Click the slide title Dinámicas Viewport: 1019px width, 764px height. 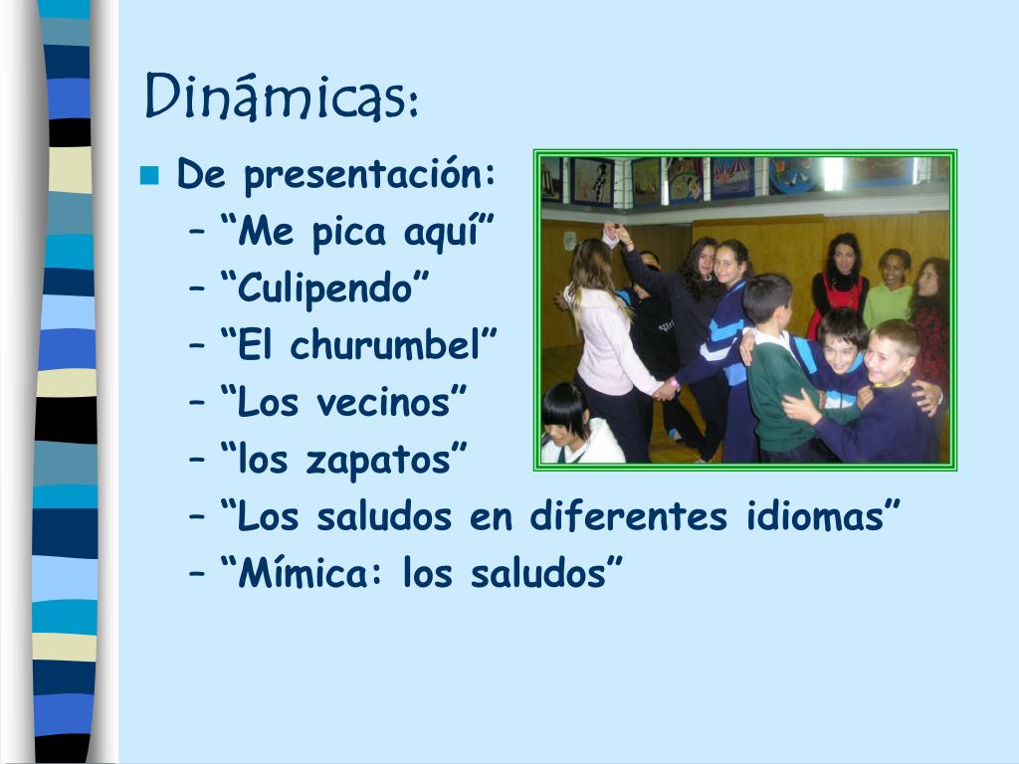pos(280,96)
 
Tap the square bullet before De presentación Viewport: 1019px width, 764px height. pos(149,176)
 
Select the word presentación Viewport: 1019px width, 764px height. pos(368,175)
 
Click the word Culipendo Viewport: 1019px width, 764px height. pos(324,288)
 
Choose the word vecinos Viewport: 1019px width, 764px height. pos(383,402)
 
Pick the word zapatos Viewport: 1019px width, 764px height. pos(378,461)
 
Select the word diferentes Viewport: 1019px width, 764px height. pos(629,516)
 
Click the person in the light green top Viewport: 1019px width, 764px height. pos(889,289)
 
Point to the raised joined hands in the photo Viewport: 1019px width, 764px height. pos(615,234)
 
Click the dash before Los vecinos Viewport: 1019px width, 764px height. pos(197,404)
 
